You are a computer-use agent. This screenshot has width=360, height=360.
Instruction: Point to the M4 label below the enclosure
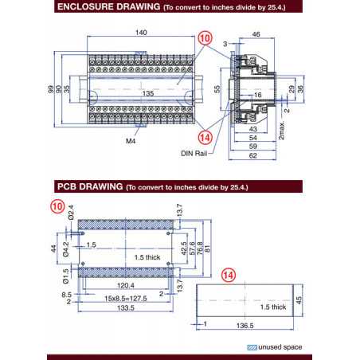(131, 140)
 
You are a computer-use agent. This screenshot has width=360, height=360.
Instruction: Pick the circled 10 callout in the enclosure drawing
(205, 37)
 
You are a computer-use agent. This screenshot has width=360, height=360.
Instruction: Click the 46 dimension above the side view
(256, 35)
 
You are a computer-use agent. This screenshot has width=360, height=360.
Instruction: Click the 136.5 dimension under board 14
(245, 325)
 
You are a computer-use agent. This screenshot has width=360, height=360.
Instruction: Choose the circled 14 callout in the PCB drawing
(229, 274)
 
